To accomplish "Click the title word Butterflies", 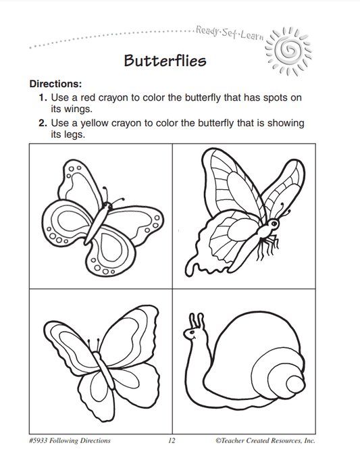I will click(x=165, y=61).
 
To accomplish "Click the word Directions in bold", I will click(x=55, y=84).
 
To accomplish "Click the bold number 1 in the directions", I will click(x=41, y=98).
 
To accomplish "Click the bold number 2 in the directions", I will click(x=41, y=124).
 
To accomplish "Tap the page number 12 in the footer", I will click(x=172, y=440).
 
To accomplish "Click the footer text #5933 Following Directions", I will click(x=71, y=440).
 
